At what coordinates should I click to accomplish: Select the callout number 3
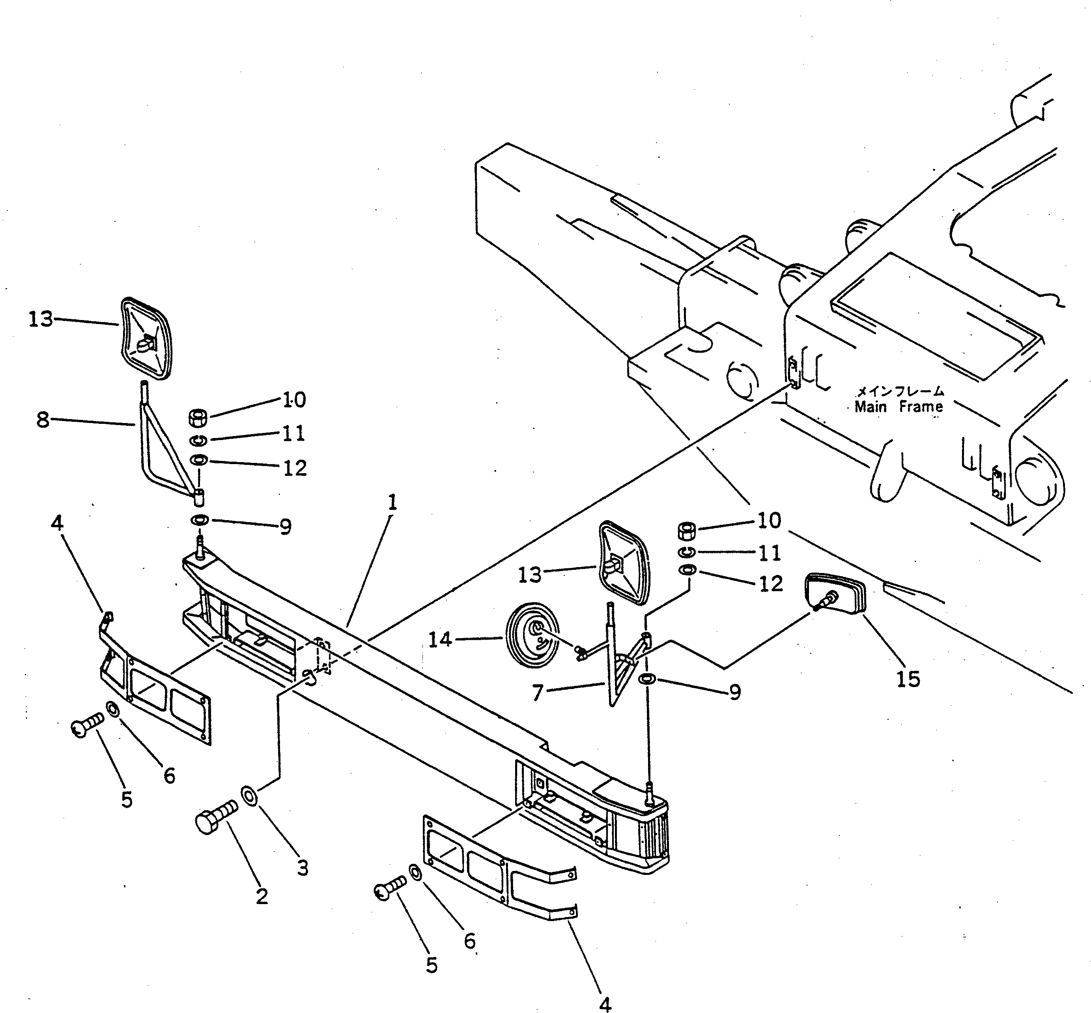(x=303, y=868)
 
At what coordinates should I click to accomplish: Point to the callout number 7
(x=538, y=693)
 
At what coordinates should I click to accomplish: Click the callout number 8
(x=43, y=420)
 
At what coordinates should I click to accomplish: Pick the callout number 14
(x=440, y=639)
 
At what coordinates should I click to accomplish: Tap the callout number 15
(x=908, y=679)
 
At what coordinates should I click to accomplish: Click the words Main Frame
(x=899, y=407)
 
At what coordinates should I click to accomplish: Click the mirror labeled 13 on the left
(x=146, y=338)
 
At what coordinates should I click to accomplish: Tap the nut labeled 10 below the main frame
(x=687, y=531)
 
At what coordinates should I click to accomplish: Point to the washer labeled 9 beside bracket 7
(x=648, y=679)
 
